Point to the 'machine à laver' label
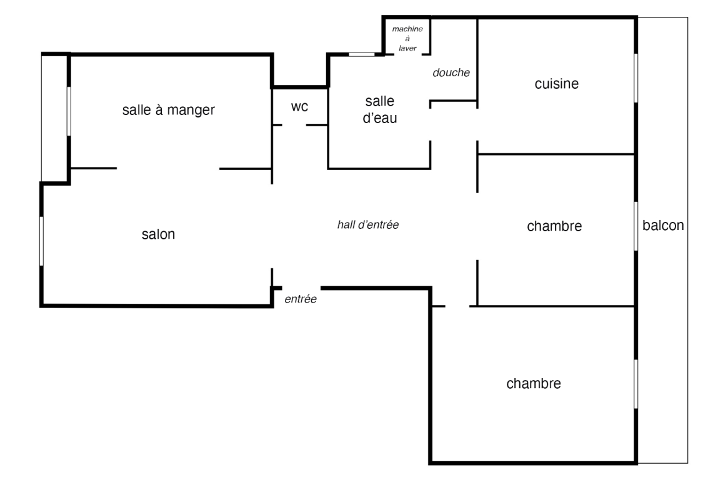[x=407, y=39]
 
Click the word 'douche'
[x=451, y=72]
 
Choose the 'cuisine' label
[x=557, y=84]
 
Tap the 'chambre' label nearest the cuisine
[x=554, y=226]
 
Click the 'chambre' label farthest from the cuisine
[x=534, y=383]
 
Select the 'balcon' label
[x=663, y=226]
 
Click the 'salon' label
[x=158, y=235]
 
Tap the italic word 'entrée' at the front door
[x=301, y=300]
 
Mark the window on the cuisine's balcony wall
[x=636, y=77]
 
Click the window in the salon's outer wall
[x=41, y=241]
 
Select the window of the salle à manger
[x=68, y=111]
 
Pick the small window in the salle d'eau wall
[x=361, y=54]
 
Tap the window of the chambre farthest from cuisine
[x=636, y=384]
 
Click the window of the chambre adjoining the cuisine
[x=636, y=226]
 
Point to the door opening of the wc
[x=294, y=125]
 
